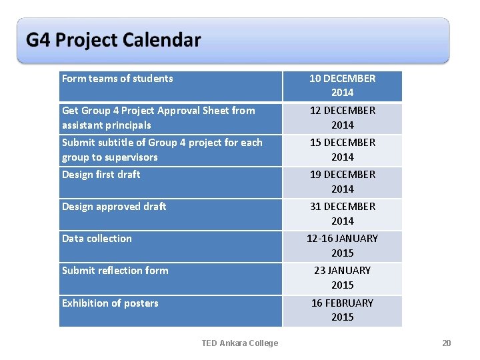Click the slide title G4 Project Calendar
click(x=113, y=40)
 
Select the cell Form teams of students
click(x=117, y=79)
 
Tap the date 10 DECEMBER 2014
click(x=342, y=85)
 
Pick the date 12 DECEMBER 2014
click(x=342, y=117)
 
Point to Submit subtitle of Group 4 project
click(x=162, y=149)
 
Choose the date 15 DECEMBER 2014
click(x=342, y=149)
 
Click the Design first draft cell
click(x=101, y=175)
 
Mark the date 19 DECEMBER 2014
click(x=342, y=181)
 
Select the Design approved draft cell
click(x=114, y=207)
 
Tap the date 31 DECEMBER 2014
click(x=342, y=213)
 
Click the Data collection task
click(x=97, y=239)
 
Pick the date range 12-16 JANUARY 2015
click(x=342, y=245)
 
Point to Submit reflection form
click(x=115, y=271)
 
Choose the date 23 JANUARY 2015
click(x=342, y=277)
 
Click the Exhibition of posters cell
click(x=110, y=303)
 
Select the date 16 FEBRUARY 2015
click(x=342, y=310)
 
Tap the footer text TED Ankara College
click(x=240, y=343)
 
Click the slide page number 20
click(x=446, y=343)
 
